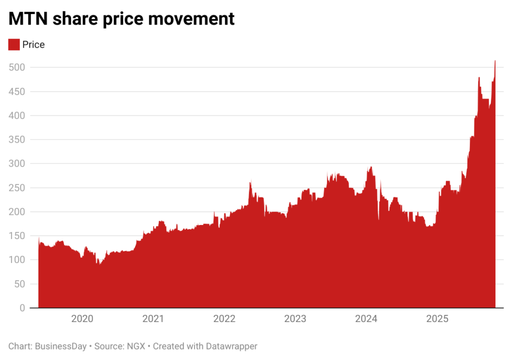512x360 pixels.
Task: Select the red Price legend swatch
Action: pyautogui.click(x=14, y=44)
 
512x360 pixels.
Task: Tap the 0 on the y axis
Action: pyautogui.click(x=22, y=308)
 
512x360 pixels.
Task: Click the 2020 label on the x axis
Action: pyautogui.click(x=81, y=319)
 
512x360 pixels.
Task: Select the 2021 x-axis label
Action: pyautogui.click(x=153, y=319)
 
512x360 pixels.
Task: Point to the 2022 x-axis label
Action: pyautogui.click(x=224, y=319)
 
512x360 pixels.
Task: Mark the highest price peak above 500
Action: pyautogui.click(x=495, y=61)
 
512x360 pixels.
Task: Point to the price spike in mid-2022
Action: pyautogui.click(x=250, y=182)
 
